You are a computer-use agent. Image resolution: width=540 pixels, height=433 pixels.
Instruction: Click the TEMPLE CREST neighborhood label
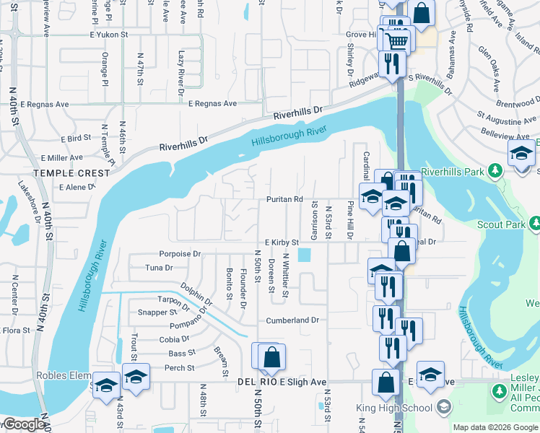coord(71,173)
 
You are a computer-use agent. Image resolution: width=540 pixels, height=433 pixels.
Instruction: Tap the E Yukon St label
coord(109,34)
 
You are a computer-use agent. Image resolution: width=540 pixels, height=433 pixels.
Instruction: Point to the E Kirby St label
coord(281,242)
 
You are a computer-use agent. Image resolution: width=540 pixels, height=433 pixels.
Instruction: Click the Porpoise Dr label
coord(180,254)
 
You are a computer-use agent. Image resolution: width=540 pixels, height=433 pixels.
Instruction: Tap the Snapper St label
coord(157,312)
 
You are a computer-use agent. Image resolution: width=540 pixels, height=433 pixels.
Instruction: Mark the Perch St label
coord(180,368)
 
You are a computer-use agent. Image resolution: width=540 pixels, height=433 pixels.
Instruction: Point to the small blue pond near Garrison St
coord(304,255)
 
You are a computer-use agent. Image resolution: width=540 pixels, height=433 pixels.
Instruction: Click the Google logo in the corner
coord(24,425)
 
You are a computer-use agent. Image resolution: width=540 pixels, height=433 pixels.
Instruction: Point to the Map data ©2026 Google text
coord(495,427)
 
